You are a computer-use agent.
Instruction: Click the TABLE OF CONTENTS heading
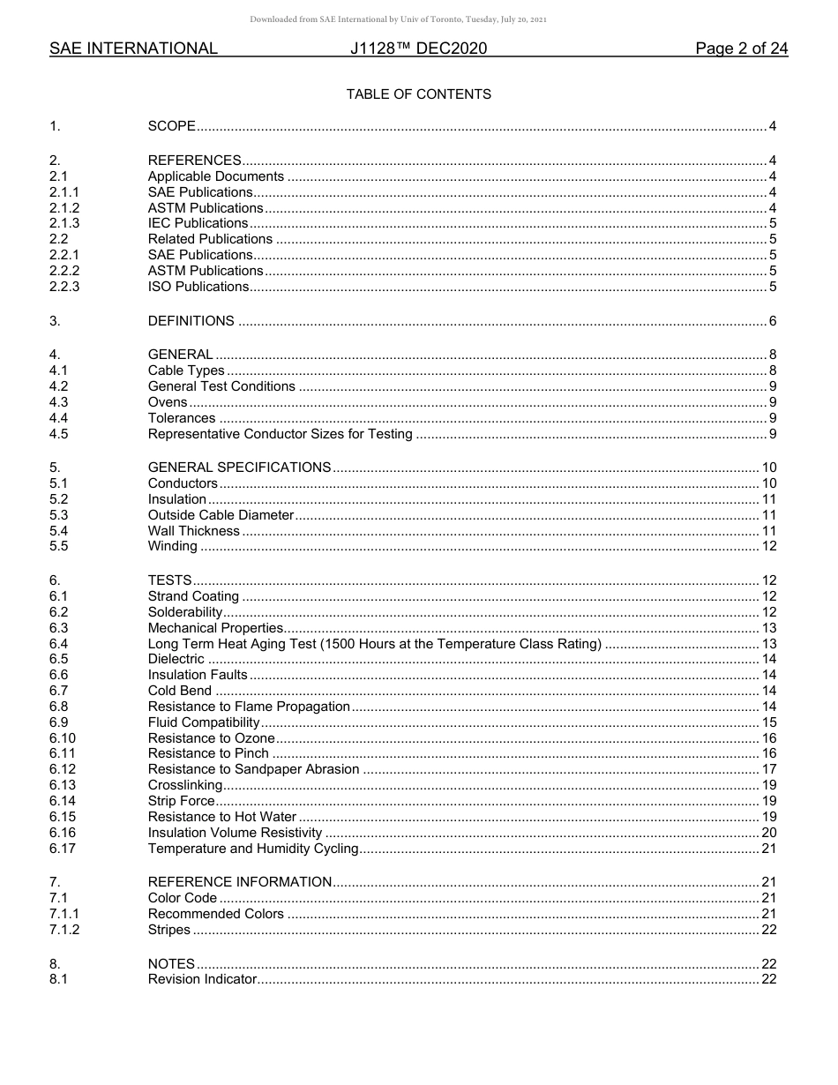coord(418,94)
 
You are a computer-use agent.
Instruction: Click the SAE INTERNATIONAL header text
coord(133,49)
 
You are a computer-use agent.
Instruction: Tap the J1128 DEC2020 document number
coord(418,49)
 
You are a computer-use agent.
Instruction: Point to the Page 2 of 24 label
coord(741,49)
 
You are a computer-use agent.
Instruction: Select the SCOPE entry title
coord(171,126)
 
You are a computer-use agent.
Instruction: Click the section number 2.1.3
coord(64,223)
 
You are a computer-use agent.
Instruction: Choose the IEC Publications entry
coord(198,223)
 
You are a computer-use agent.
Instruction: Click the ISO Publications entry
coord(198,287)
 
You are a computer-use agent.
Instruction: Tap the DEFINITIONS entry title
coord(191,321)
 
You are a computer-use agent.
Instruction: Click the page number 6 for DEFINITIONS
coord(772,321)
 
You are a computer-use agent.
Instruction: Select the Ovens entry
coord(168,402)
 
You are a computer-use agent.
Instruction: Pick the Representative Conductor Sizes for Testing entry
coord(280,434)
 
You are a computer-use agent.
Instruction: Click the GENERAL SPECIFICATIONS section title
coord(239,468)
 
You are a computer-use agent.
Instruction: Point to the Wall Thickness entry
coord(193,531)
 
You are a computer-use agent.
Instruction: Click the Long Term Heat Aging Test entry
coord(374,644)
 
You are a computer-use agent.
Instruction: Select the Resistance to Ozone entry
coord(211,738)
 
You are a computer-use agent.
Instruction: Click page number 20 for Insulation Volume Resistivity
coord(768,833)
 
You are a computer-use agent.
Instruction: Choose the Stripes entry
coord(168,930)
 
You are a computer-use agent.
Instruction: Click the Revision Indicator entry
coord(202,979)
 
